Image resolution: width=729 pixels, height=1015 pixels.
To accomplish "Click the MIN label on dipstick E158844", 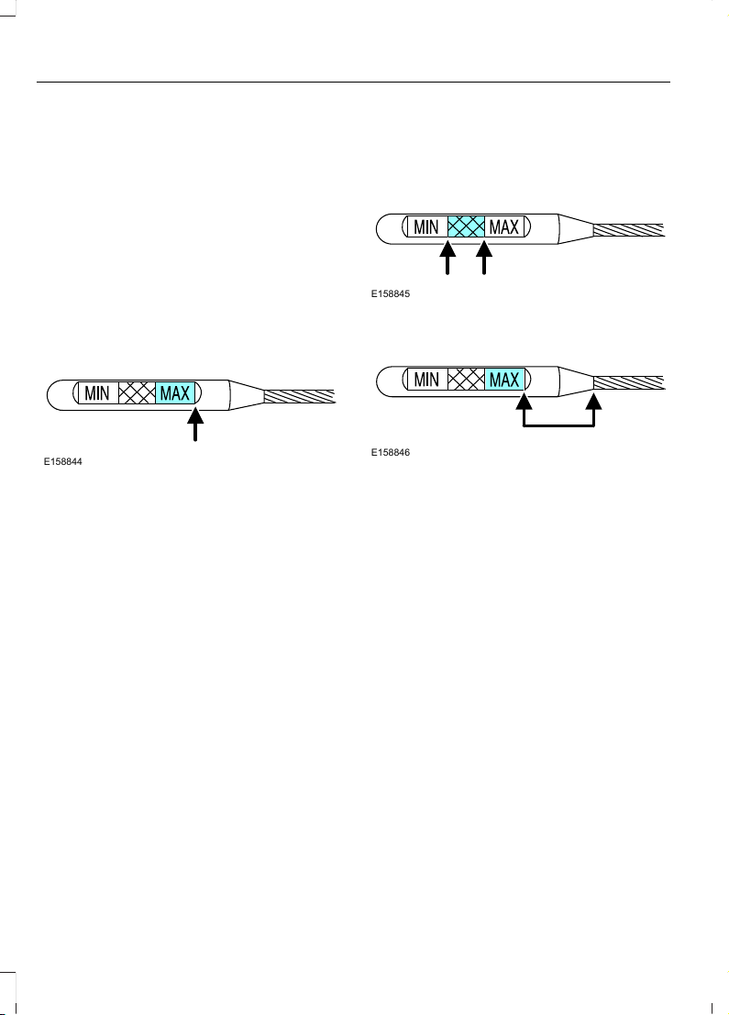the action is [x=97, y=393].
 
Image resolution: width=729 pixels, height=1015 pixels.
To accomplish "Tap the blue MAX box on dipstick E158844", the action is [x=175, y=393].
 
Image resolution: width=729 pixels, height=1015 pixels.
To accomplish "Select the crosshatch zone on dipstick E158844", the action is [x=137, y=393].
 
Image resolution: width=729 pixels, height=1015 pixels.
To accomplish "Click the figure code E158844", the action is [x=62, y=461].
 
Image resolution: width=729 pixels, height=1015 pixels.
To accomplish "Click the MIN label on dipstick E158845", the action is [x=426, y=227].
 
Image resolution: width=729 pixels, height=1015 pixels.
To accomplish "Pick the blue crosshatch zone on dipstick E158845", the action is [x=466, y=226].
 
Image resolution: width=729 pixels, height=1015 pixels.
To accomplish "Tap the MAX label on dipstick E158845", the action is [x=503, y=227].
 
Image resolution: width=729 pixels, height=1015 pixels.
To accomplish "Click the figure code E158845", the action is [x=391, y=294].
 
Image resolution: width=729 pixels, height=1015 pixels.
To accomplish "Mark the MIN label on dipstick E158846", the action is [x=426, y=380].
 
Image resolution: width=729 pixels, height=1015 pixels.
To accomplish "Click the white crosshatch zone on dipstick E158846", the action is [x=466, y=380].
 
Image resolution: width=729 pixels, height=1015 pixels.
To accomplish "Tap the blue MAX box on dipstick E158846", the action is [x=504, y=380].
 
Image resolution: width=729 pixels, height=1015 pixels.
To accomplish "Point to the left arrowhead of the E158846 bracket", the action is [x=524, y=402].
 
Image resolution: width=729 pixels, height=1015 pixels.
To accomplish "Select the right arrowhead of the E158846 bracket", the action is [x=593, y=402].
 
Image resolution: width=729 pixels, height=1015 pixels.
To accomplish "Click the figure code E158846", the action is [x=391, y=452].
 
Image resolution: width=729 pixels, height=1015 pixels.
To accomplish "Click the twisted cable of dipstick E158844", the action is [x=300, y=396].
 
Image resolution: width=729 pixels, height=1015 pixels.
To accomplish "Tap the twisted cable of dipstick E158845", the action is [x=629, y=230].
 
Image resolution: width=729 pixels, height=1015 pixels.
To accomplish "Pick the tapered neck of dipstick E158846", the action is [x=576, y=381].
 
